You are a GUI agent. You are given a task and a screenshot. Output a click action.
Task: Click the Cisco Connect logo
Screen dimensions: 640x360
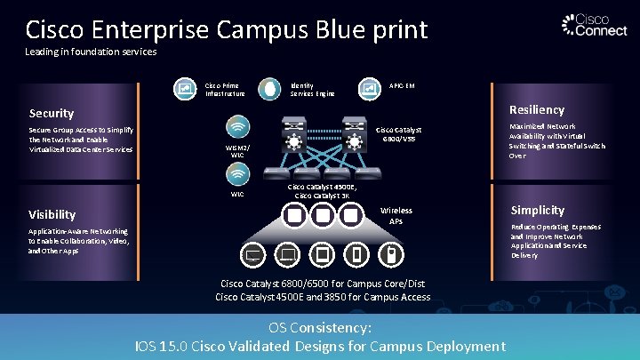click(588, 25)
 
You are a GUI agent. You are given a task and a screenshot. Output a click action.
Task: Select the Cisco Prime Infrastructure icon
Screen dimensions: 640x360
click(186, 89)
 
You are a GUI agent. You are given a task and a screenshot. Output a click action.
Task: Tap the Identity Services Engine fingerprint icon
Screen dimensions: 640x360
click(268, 89)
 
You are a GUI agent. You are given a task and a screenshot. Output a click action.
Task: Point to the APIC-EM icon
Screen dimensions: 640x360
click(368, 88)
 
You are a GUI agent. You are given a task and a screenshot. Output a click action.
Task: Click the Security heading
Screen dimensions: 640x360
click(52, 114)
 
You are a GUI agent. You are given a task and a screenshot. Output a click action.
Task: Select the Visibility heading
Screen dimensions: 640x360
click(52, 214)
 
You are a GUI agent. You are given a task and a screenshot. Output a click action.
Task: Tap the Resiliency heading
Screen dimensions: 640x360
click(536, 110)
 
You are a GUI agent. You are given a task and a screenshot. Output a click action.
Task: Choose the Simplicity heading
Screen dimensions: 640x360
click(537, 211)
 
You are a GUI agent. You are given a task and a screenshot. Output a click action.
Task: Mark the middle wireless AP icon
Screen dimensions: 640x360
click(323, 215)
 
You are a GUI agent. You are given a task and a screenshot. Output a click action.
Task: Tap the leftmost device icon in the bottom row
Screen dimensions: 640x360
click(252, 256)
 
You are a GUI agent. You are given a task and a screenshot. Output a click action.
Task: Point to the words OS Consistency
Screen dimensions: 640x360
click(319, 328)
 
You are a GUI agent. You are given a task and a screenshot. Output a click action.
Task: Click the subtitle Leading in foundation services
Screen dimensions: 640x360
click(91, 52)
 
